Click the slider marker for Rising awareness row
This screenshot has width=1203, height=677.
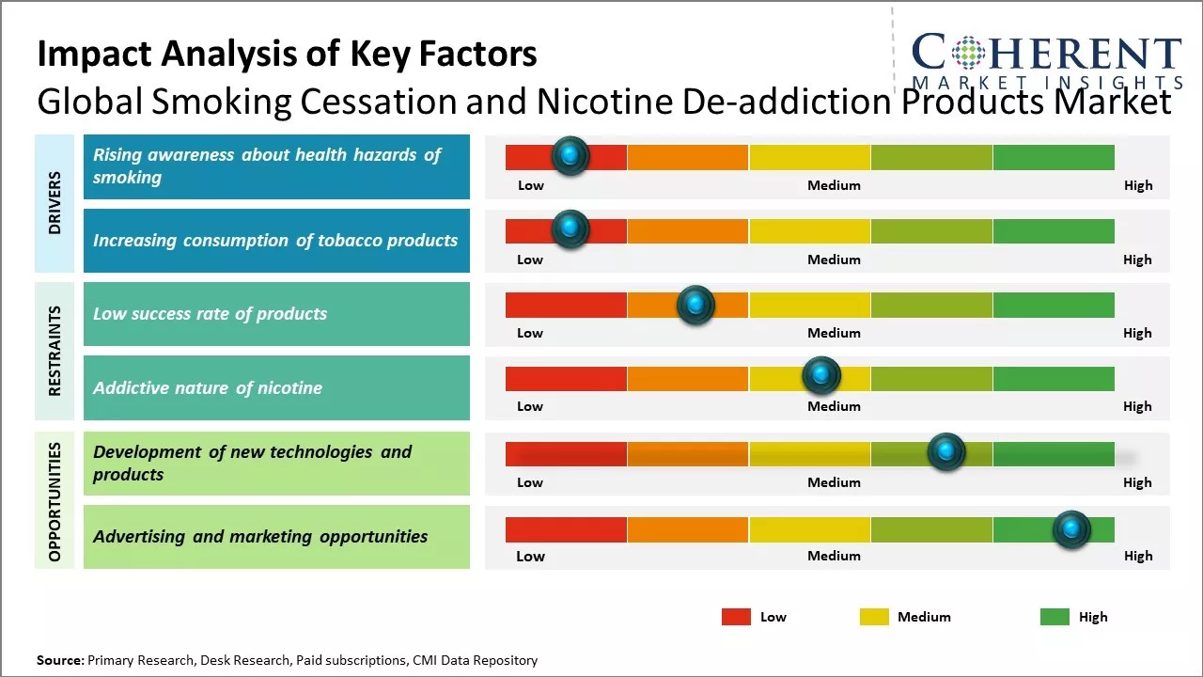(x=570, y=156)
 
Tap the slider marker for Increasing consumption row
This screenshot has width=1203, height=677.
(x=570, y=229)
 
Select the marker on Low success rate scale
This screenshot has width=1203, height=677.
(x=695, y=305)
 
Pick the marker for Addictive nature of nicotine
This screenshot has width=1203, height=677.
(x=821, y=376)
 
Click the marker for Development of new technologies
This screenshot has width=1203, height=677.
(x=946, y=452)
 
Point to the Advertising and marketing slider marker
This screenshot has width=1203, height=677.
(x=1071, y=529)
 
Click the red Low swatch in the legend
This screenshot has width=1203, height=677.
(x=736, y=617)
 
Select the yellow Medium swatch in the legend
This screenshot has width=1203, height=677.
(x=874, y=617)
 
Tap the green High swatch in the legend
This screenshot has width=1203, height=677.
(x=1055, y=617)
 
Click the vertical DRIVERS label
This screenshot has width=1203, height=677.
(x=55, y=203)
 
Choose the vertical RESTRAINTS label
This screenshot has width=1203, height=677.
(x=55, y=351)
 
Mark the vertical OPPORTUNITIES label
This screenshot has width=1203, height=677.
(x=55, y=501)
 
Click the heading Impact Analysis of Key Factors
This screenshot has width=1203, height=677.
(x=287, y=54)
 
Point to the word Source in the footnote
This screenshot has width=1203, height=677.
(x=60, y=660)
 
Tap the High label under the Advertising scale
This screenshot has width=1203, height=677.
(x=1137, y=556)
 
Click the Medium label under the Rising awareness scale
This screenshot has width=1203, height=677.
(x=834, y=185)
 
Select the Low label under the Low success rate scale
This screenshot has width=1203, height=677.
(x=530, y=333)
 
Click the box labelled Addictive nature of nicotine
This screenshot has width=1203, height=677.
(x=276, y=387)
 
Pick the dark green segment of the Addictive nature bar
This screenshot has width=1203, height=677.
(x=1054, y=379)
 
